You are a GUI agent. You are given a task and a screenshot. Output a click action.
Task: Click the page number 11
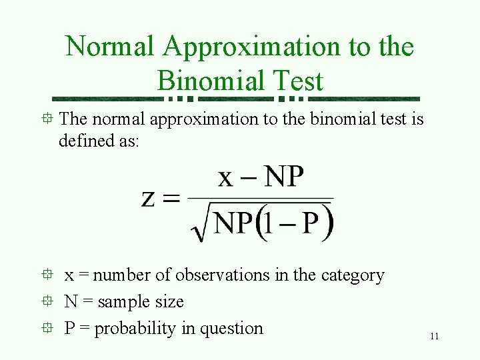click(x=434, y=337)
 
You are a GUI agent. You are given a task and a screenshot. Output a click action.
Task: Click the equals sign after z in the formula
click(x=172, y=199)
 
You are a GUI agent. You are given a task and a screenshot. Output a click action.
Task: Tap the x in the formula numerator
click(x=227, y=177)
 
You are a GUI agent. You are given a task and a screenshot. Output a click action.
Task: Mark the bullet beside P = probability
click(x=44, y=328)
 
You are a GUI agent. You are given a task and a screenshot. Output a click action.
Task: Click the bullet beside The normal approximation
click(x=44, y=119)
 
